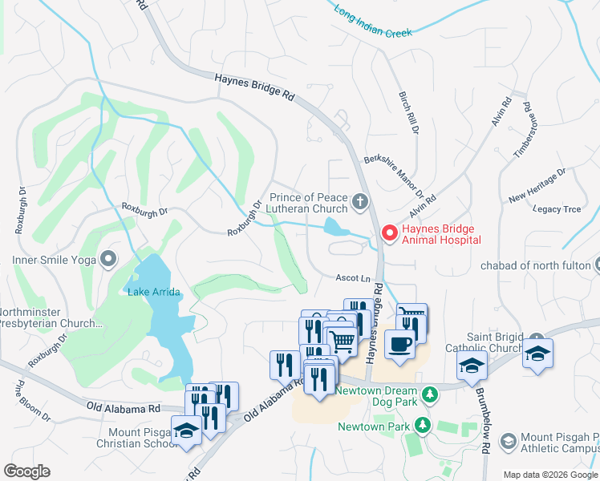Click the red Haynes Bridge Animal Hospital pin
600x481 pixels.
390,233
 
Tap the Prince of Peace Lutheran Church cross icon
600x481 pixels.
360,200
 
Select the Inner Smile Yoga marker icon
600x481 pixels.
107,259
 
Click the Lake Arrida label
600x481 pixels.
154,291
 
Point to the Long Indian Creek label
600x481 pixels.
373,22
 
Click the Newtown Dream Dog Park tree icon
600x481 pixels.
430,394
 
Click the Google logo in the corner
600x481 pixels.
26,471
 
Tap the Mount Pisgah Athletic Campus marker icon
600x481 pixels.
507,441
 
